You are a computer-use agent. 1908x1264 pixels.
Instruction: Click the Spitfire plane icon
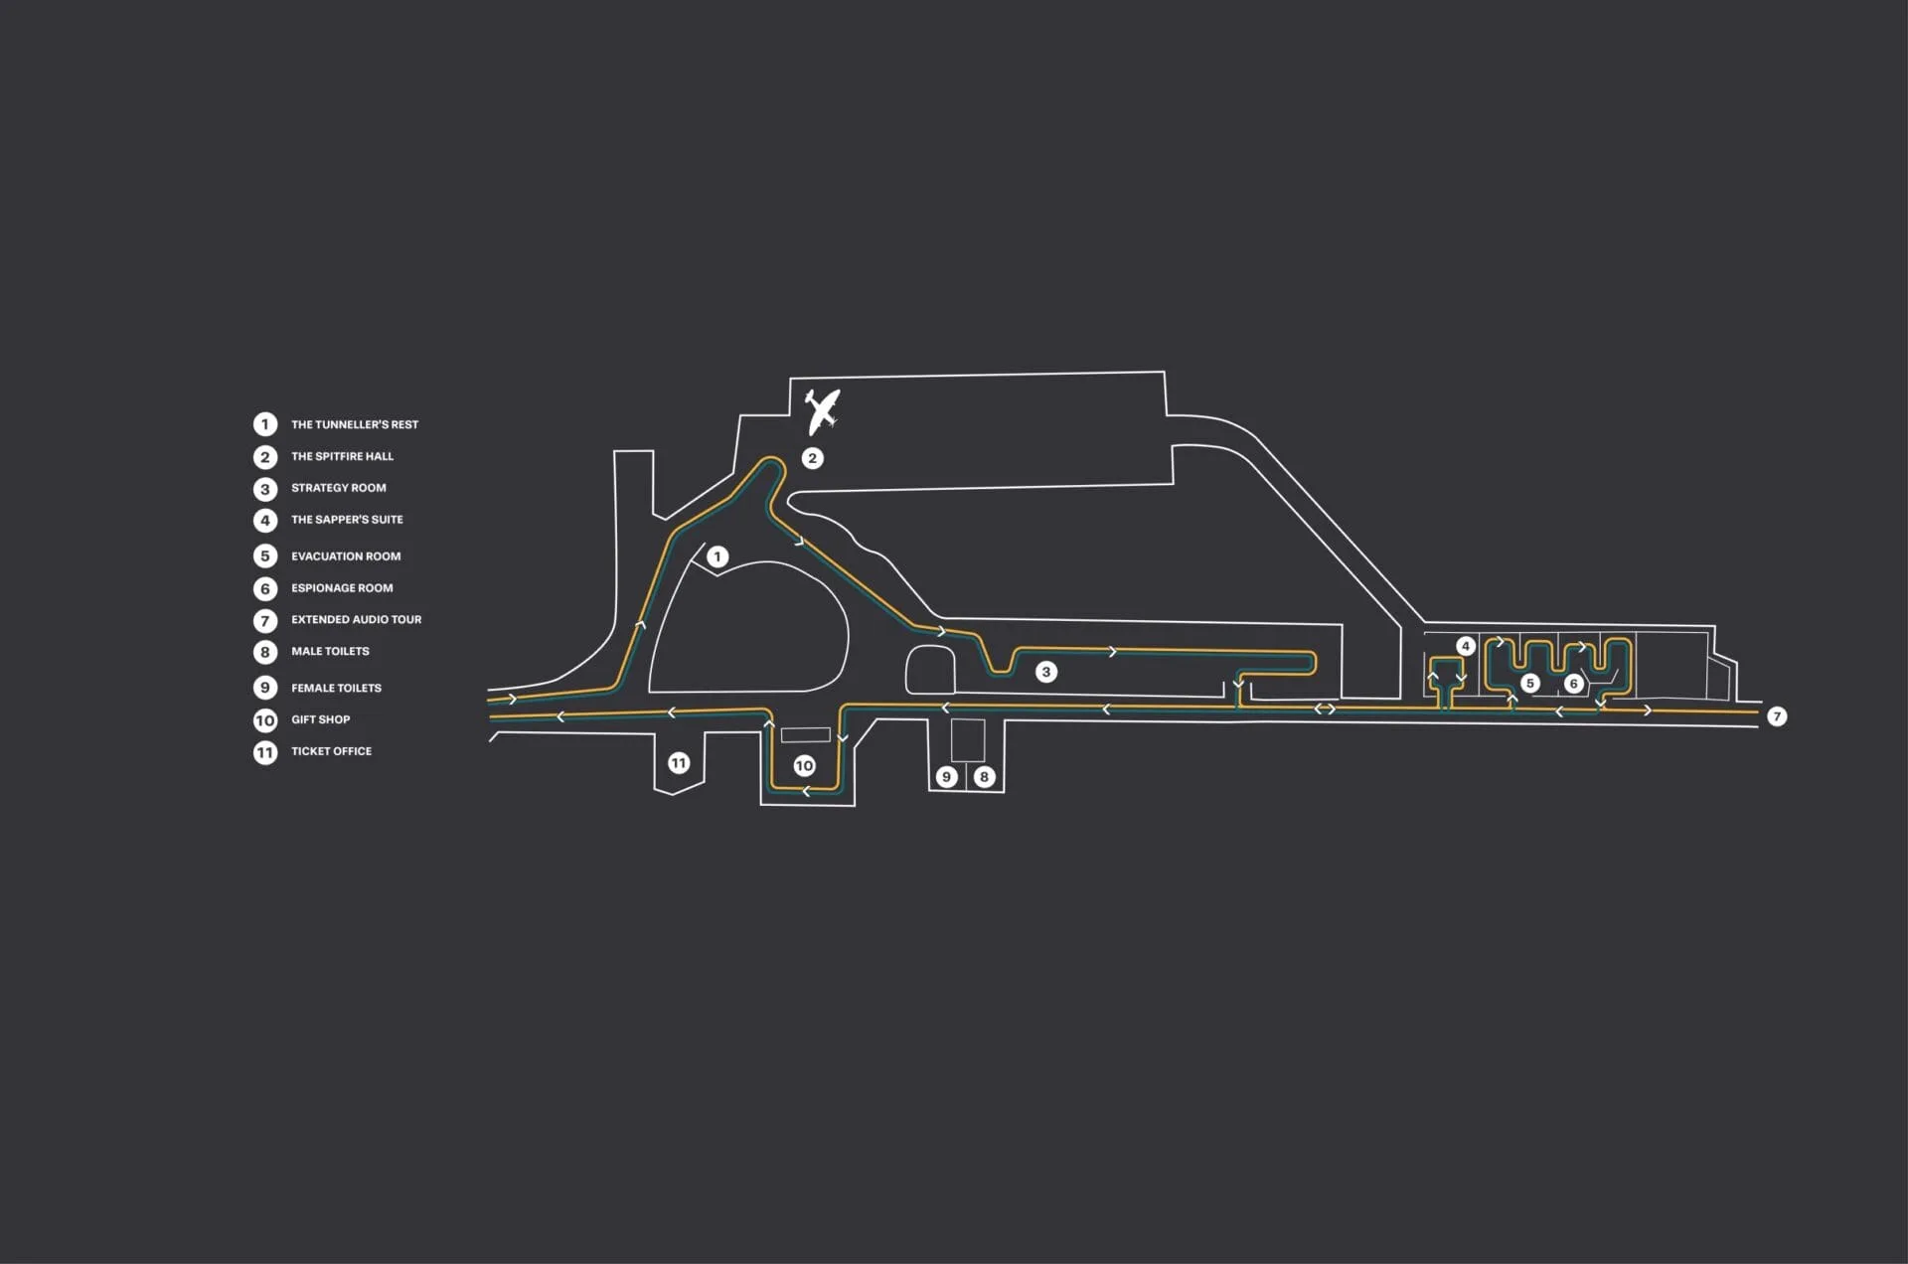822,411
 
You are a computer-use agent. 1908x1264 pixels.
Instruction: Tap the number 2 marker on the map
813,458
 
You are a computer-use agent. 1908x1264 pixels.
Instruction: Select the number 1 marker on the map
717,557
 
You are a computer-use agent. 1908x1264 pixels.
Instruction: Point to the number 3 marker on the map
1045,672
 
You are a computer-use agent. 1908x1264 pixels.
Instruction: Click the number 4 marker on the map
1465,646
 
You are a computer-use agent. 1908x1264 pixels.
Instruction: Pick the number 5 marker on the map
1530,683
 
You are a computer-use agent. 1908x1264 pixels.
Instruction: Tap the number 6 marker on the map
1573,683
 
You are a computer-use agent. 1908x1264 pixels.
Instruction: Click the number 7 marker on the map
1777,715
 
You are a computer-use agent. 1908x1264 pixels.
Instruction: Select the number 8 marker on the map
984,776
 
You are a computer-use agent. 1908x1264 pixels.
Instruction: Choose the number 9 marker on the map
946,776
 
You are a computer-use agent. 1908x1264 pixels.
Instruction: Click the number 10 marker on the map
804,765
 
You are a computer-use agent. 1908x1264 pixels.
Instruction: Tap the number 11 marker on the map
679,762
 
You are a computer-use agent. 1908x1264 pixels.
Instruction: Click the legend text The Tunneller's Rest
355,424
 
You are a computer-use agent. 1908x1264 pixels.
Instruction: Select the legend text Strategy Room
339,488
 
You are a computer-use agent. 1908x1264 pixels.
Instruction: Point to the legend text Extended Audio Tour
356,619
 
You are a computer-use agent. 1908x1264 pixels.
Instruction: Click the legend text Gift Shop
320,719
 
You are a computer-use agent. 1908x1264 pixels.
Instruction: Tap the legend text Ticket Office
331,751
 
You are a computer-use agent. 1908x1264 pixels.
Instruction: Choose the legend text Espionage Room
342,588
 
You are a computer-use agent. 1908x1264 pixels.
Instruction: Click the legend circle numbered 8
265,652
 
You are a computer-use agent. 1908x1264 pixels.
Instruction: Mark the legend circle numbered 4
265,520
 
